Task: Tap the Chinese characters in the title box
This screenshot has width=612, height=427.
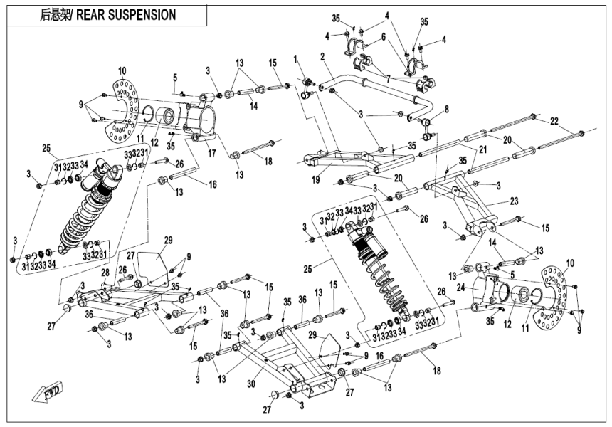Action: coord(56,14)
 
